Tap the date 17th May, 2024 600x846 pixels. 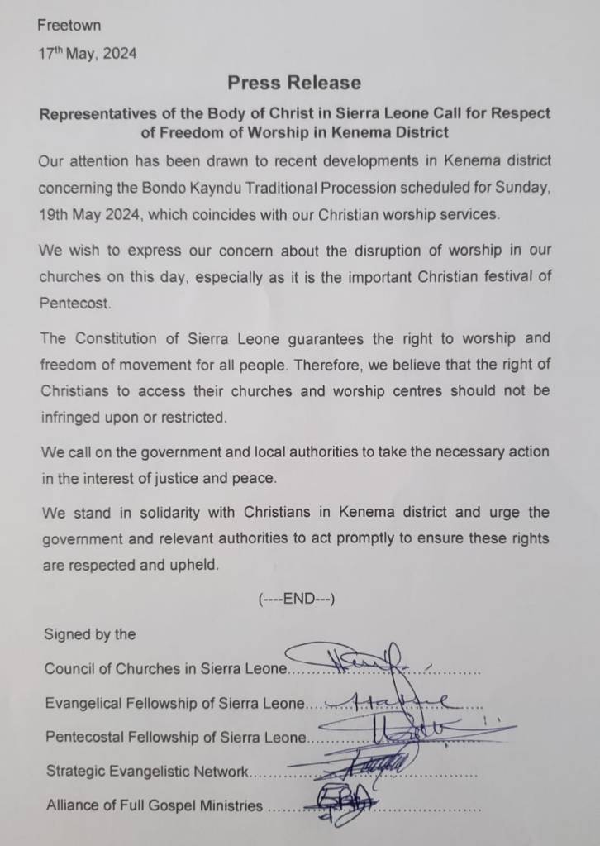point(88,54)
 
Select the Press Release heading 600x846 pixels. point(294,83)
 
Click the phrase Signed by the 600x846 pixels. point(90,634)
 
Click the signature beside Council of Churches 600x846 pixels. point(364,660)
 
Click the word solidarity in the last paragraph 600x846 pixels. point(150,512)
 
